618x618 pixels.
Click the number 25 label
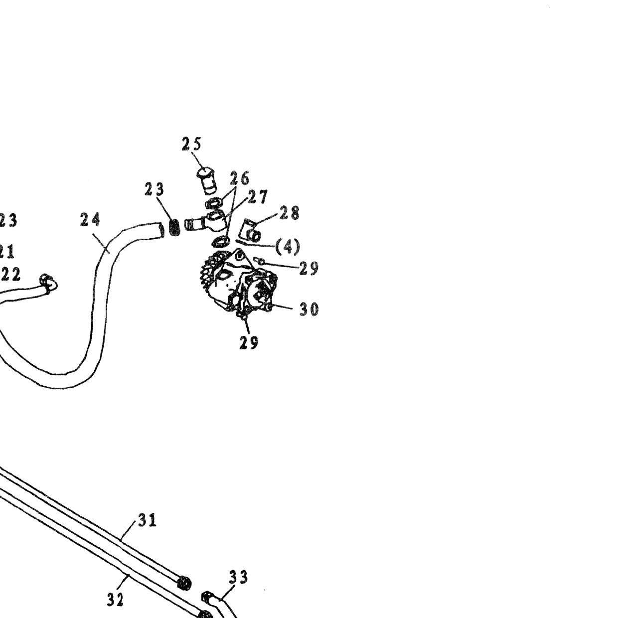coord(191,144)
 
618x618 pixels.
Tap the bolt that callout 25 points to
coord(208,180)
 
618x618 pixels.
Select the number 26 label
coord(239,178)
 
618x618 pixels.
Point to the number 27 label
coord(257,197)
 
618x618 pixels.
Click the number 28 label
coord(289,213)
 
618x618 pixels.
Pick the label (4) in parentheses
coord(288,247)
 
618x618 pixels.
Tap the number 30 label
coord(309,309)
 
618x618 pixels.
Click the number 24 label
coord(90,220)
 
